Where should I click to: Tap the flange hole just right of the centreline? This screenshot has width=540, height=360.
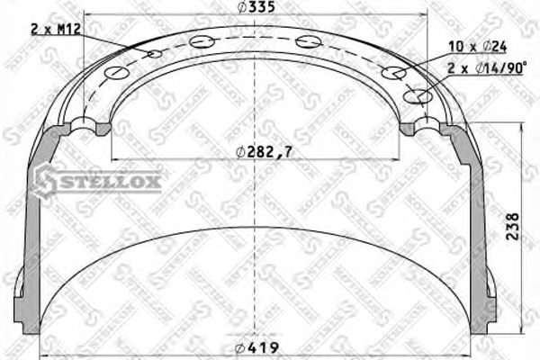(309, 40)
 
